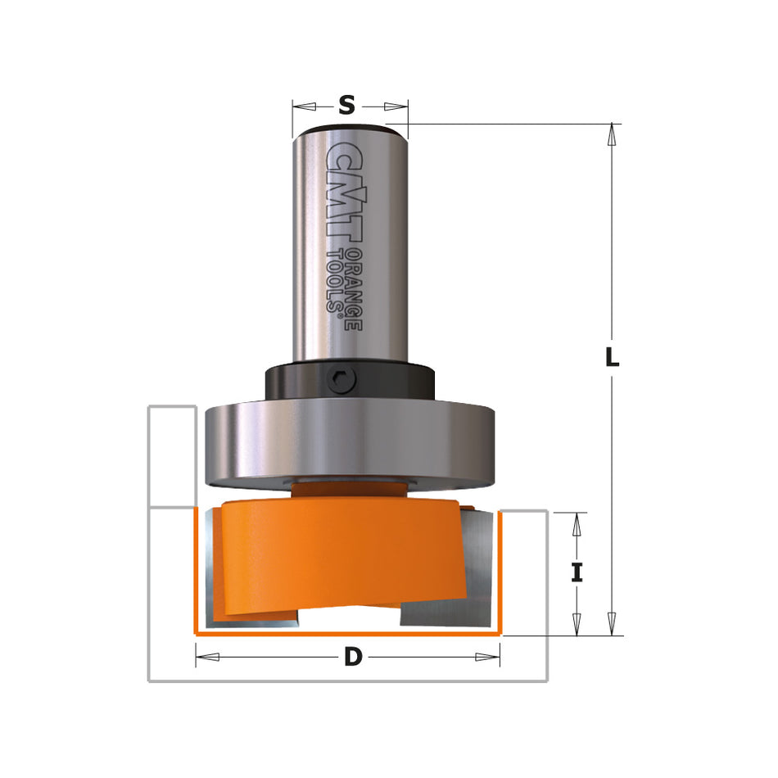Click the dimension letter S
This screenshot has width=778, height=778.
click(x=347, y=105)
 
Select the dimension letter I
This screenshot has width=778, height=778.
click(x=577, y=572)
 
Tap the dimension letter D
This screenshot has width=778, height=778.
click(x=352, y=656)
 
